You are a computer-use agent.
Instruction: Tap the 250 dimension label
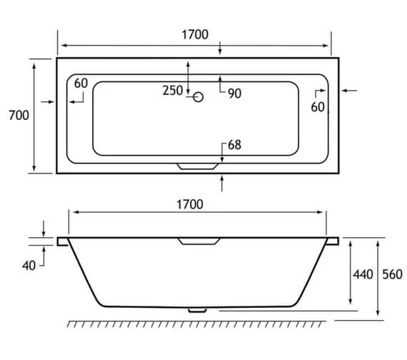(173, 91)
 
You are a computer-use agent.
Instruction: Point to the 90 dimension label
(234, 93)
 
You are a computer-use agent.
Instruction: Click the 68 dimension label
(234, 144)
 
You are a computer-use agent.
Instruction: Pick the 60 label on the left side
(80, 84)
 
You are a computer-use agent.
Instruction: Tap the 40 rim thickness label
(29, 265)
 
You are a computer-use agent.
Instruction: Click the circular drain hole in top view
(199, 96)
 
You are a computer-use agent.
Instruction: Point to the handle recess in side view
(200, 241)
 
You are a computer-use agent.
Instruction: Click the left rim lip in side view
(63, 242)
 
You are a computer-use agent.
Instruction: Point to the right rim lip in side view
(333, 242)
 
